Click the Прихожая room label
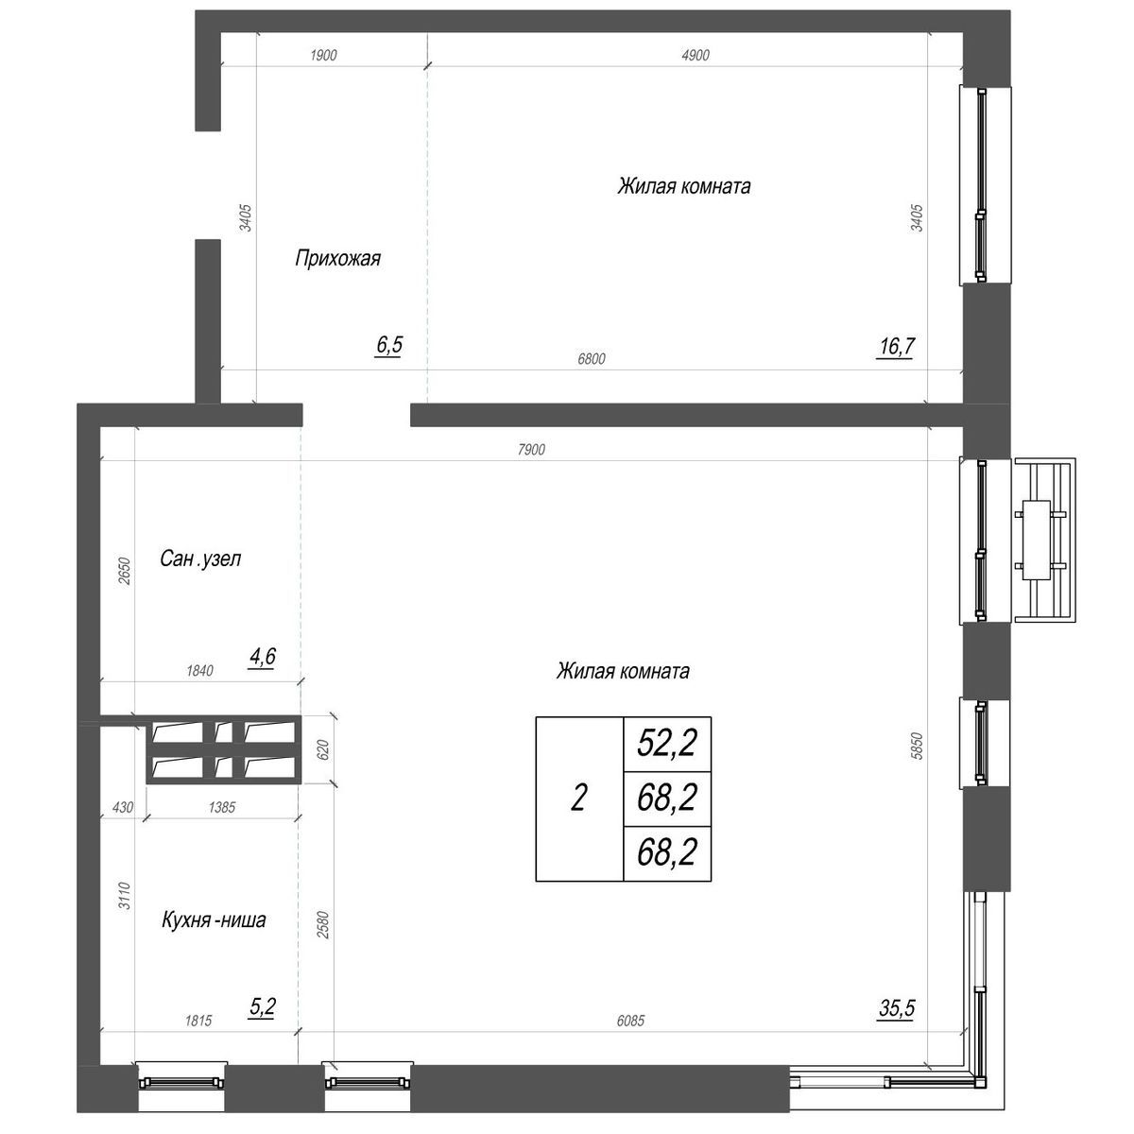pyautogui.click(x=337, y=257)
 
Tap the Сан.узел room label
pyautogui.click(x=200, y=558)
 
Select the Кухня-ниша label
pyautogui.click(x=214, y=919)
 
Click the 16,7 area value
pyautogui.click(x=896, y=347)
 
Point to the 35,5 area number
pyautogui.click(x=896, y=1008)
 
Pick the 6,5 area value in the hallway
pyautogui.click(x=389, y=345)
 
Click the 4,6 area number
pyautogui.click(x=262, y=657)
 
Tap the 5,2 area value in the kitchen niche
pyautogui.click(x=262, y=1008)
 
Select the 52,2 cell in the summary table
pyautogui.click(x=667, y=744)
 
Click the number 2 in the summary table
pyautogui.click(x=579, y=799)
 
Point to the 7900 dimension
pyautogui.click(x=532, y=450)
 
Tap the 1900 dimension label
pyautogui.click(x=323, y=56)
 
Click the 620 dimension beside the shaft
pyautogui.click(x=322, y=749)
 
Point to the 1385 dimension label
pyautogui.click(x=219, y=808)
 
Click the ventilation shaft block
pyautogui.click(x=223, y=749)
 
